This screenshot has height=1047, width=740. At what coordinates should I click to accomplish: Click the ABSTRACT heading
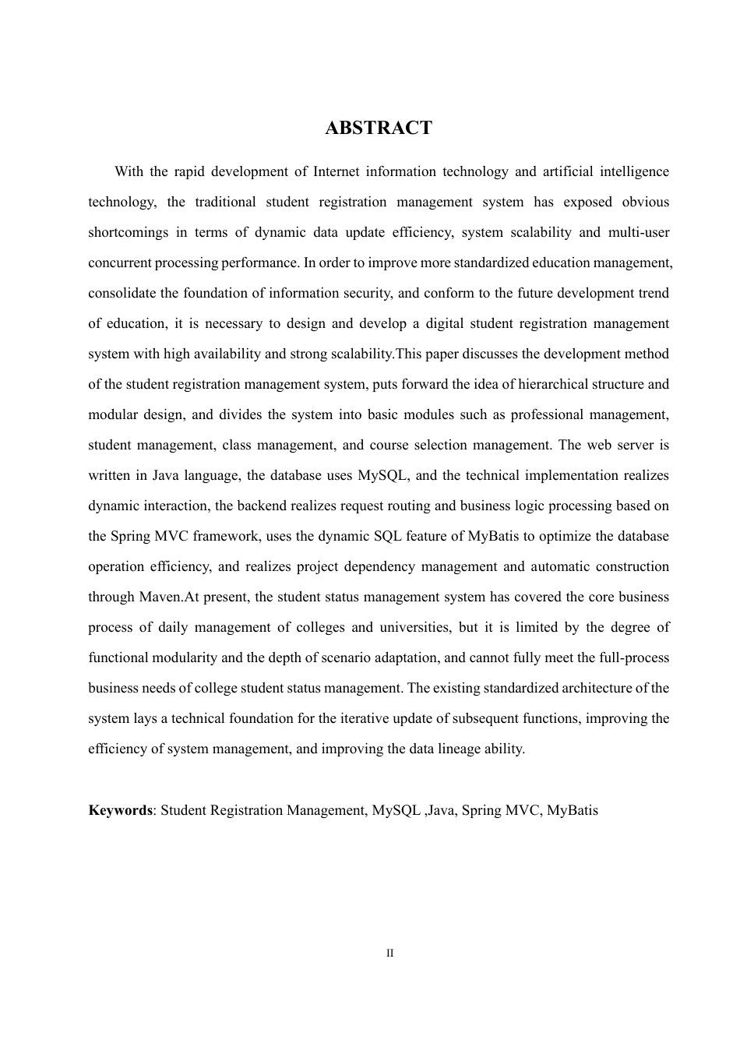click(378, 129)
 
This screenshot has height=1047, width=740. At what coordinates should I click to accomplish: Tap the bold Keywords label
click(120, 810)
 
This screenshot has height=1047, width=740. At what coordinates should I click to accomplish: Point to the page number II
click(390, 954)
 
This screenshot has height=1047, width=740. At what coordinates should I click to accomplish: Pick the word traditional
click(225, 202)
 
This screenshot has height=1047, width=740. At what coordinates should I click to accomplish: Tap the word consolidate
click(122, 293)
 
